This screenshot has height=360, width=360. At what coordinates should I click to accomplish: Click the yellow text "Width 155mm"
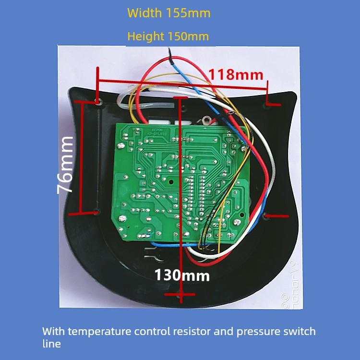click(169, 13)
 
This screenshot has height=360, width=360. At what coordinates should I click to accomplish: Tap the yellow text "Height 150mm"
click(168, 36)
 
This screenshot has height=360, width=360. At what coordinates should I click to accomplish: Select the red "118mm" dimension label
click(236, 74)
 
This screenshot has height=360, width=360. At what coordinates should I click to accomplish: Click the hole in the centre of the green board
click(170, 182)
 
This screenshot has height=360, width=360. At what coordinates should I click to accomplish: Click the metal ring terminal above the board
click(207, 121)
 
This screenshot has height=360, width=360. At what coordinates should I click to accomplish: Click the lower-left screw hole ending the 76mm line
click(96, 211)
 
